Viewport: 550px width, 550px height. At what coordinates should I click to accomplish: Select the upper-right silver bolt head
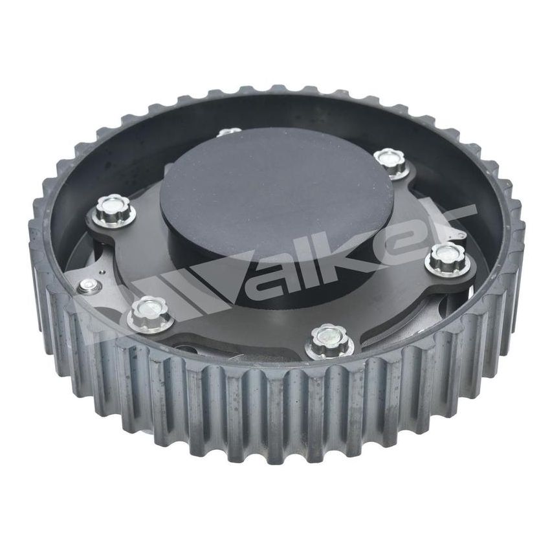click(x=391, y=159)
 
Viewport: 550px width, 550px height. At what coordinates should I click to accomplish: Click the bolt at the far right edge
click(x=446, y=257)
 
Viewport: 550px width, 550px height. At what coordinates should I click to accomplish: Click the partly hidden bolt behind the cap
click(x=229, y=132)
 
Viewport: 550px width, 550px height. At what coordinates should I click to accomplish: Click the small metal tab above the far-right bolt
click(x=456, y=234)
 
